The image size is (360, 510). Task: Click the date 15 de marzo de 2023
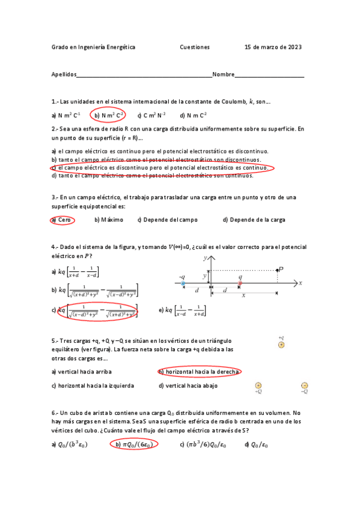pyautogui.click(x=273, y=47)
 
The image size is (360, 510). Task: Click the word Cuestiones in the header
pyautogui.click(x=194, y=47)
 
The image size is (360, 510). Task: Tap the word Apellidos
pyautogui.click(x=64, y=75)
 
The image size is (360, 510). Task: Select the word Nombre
pyautogui.click(x=223, y=75)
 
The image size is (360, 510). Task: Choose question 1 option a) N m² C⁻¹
pyautogui.click(x=66, y=115)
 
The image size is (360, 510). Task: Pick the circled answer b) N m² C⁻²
pyautogui.click(x=108, y=115)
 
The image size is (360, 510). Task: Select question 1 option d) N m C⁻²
pyautogui.click(x=193, y=115)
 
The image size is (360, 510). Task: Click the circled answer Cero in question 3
pyautogui.click(x=63, y=220)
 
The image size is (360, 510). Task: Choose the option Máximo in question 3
pyautogui.click(x=109, y=220)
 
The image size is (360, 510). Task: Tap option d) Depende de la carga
pyautogui.click(x=254, y=220)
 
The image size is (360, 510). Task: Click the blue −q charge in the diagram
pyautogui.click(x=182, y=283)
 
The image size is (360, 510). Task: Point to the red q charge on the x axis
pyautogui.click(x=240, y=283)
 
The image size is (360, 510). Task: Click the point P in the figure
pyautogui.click(x=278, y=270)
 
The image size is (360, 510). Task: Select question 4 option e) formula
pyautogui.click(x=182, y=311)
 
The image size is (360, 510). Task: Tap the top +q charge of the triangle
pyautogui.click(x=281, y=345)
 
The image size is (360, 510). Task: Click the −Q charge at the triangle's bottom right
pyautogui.click(x=304, y=386)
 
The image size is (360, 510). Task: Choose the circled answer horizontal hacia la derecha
pyautogui.click(x=200, y=372)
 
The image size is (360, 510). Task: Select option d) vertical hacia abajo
pyautogui.click(x=188, y=386)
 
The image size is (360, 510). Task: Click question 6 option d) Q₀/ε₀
pyautogui.click(x=256, y=444)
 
